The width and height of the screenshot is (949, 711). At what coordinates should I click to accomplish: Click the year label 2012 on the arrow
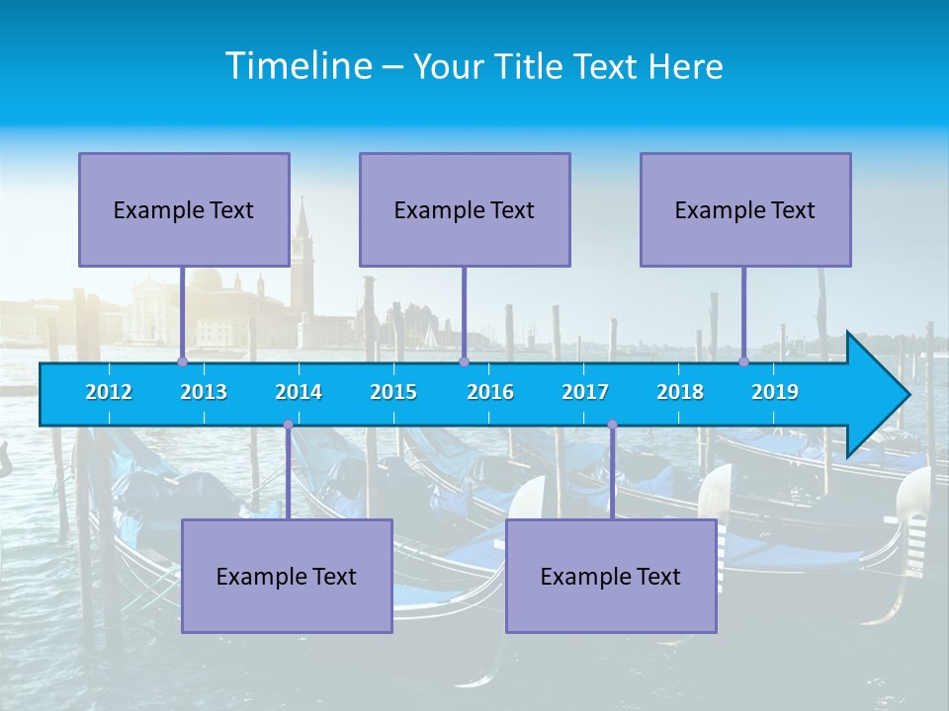(109, 392)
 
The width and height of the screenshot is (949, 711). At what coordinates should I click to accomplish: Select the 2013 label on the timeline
(204, 392)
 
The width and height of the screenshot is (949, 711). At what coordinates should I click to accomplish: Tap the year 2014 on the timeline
(299, 392)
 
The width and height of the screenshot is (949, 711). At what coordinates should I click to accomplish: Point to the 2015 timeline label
(393, 392)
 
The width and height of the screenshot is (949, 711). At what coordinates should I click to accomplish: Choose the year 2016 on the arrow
(490, 392)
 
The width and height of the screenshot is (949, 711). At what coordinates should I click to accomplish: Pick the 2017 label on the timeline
(585, 392)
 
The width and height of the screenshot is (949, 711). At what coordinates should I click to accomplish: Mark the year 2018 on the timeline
(680, 392)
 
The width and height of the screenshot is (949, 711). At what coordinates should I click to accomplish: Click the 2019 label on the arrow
(775, 392)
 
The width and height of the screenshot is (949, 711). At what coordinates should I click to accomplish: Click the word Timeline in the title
(297, 66)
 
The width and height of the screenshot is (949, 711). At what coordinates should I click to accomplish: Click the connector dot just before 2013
(182, 361)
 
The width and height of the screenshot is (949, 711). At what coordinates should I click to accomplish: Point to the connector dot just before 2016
(464, 361)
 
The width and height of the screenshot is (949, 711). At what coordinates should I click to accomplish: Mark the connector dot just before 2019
(743, 361)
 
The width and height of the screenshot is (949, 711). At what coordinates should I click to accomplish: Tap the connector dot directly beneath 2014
(288, 425)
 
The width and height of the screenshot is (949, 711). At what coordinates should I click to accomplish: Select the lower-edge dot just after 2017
(612, 425)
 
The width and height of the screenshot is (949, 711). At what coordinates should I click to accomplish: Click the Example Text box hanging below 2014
(287, 576)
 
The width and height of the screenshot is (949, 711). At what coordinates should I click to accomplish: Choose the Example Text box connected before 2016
(465, 209)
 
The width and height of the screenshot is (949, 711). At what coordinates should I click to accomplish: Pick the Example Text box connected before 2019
(745, 209)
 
